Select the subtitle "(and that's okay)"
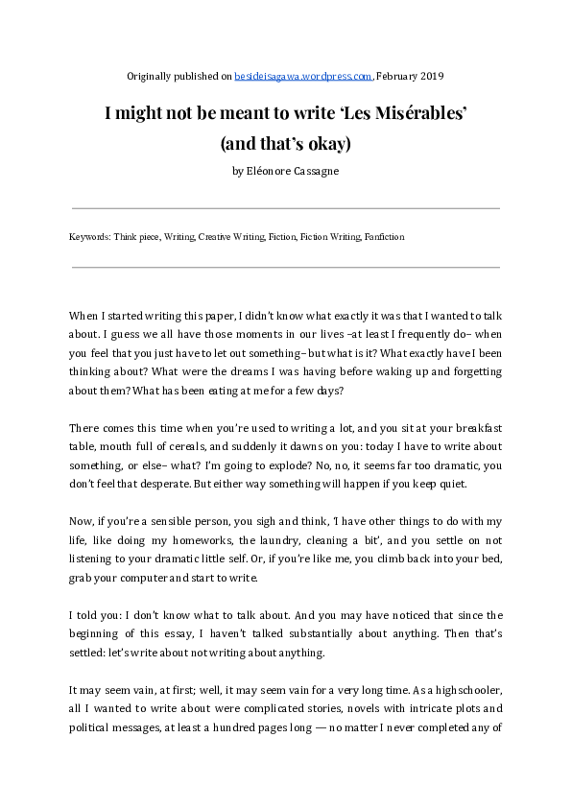tap(286, 144)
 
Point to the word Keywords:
tap(90, 236)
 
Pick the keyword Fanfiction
tap(385, 236)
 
